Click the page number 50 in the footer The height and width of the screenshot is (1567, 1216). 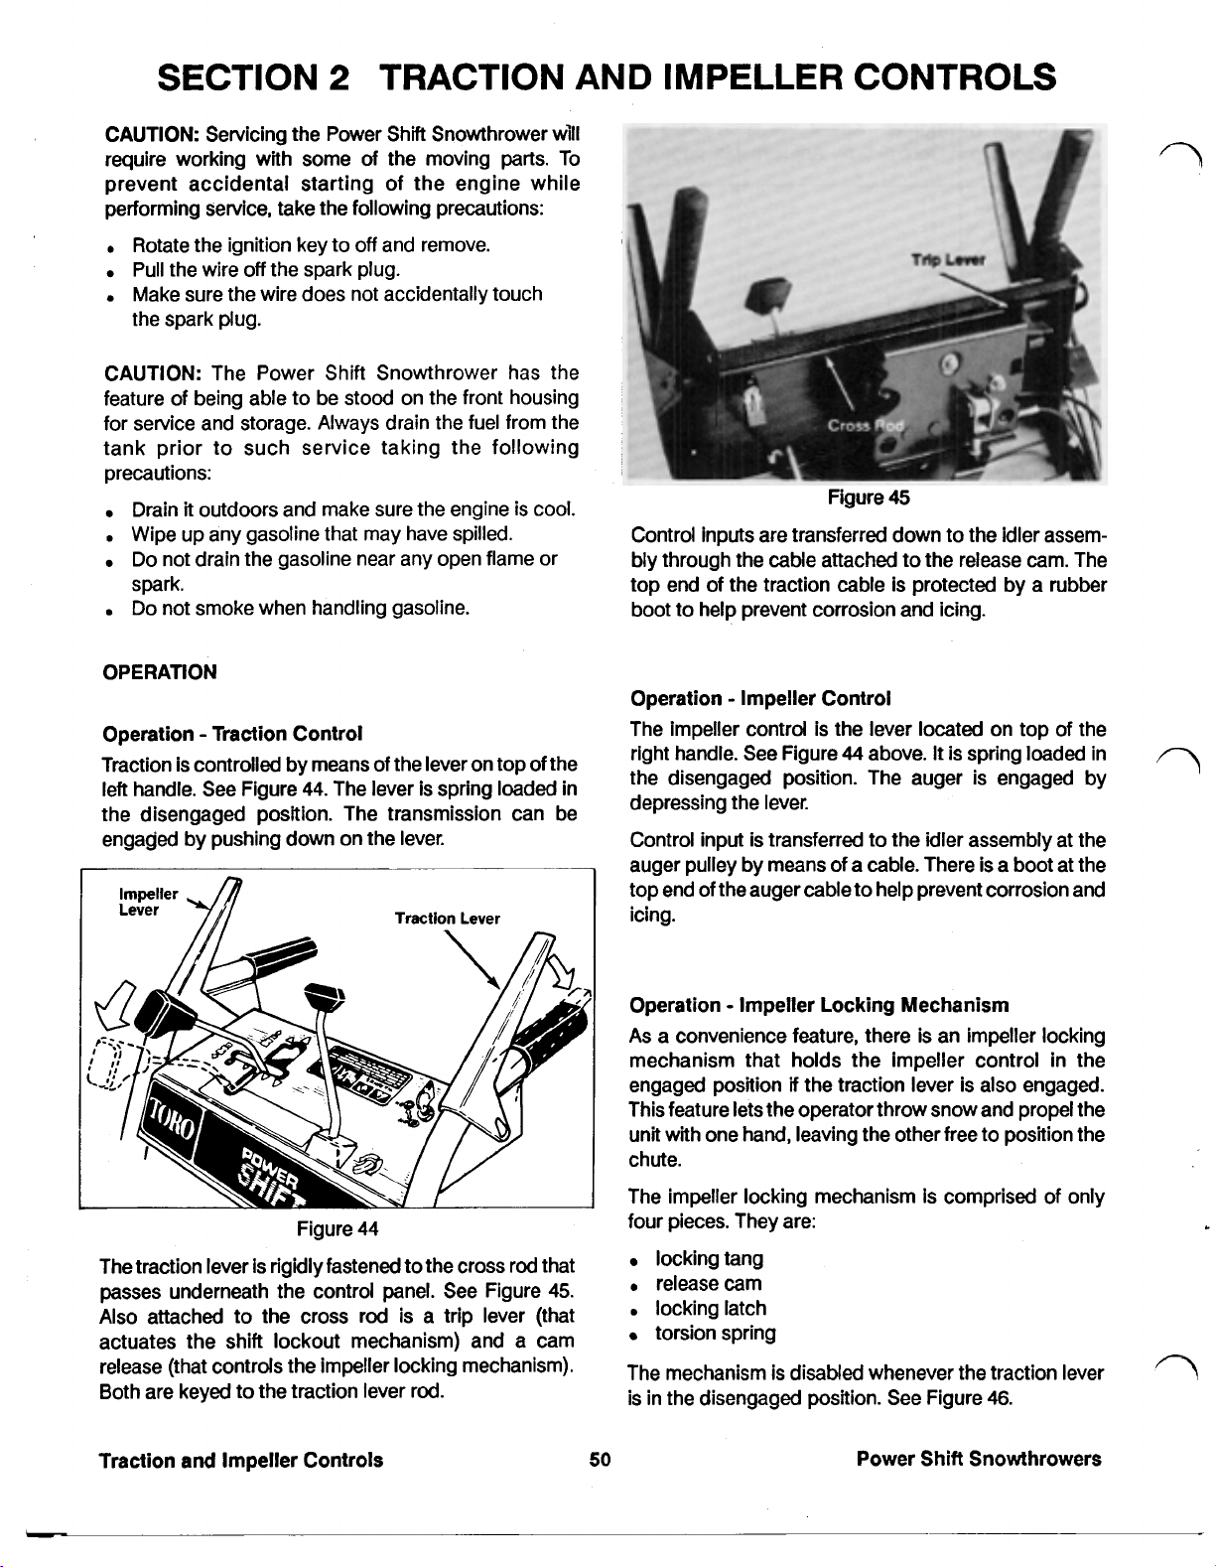click(x=599, y=1459)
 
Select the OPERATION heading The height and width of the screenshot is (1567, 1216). click(x=160, y=671)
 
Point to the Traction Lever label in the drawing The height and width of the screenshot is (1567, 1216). click(x=447, y=919)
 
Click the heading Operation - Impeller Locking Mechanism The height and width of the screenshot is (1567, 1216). click(x=820, y=1005)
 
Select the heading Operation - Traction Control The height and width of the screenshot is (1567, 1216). click(x=232, y=734)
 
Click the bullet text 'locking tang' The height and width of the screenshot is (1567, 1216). click(x=709, y=1258)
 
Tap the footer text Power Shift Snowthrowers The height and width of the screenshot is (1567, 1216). click(x=979, y=1459)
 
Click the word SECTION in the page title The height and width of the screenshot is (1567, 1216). click(x=235, y=76)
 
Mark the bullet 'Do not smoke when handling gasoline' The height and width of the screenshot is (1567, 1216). click(x=299, y=608)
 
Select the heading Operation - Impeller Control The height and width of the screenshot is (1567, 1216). click(x=760, y=698)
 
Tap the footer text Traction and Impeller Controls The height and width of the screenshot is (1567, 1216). click(x=241, y=1459)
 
